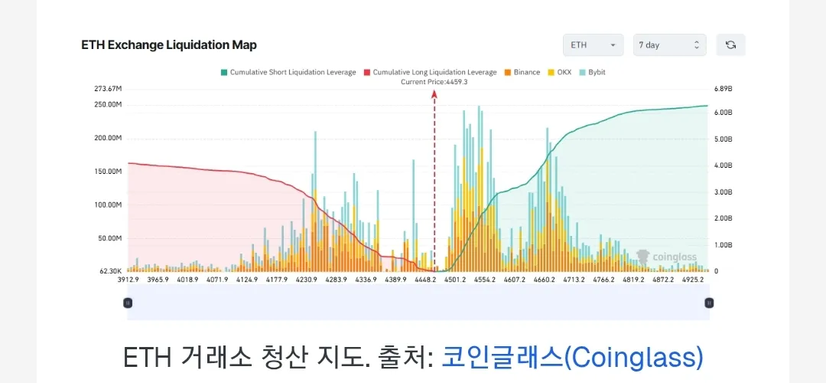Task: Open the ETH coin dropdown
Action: (593, 45)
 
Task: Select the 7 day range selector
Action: (669, 45)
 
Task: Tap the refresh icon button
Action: (730, 45)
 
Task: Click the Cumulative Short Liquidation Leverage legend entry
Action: (288, 72)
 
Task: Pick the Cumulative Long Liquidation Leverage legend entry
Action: (430, 72)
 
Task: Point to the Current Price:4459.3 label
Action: (434, 81)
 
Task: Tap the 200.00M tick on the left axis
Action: (108, 138)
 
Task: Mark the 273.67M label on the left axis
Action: (108, 89)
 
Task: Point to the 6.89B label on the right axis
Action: (723, 89)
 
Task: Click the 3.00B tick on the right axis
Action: (723, 191)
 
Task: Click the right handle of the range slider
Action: (709, 303)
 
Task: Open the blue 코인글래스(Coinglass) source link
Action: (572, 357)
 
